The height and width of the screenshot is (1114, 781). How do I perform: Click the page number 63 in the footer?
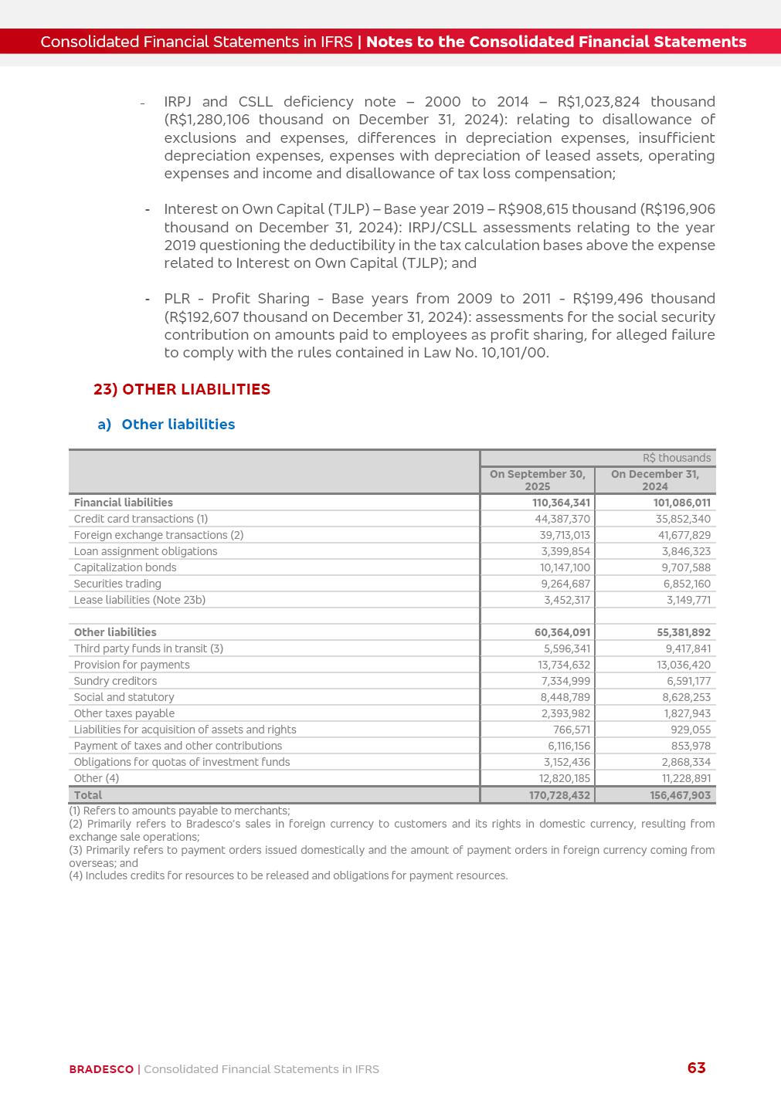696,1068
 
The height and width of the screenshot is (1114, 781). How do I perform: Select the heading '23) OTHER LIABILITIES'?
182,389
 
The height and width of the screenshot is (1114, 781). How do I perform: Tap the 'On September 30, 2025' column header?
538,480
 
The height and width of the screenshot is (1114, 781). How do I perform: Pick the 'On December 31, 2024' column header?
655,480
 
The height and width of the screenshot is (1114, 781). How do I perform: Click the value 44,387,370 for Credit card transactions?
564,519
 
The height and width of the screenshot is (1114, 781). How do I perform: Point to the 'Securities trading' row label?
117,584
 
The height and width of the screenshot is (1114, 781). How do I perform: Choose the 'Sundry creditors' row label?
115,681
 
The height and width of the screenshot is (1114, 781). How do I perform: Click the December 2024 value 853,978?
691,746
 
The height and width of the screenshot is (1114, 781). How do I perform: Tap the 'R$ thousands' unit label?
677,458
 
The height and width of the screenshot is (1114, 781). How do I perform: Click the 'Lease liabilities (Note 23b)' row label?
140,600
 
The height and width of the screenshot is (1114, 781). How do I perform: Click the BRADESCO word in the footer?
101,1069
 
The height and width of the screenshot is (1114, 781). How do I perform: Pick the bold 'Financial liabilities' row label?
124,503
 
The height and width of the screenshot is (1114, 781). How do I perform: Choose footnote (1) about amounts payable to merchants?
179,811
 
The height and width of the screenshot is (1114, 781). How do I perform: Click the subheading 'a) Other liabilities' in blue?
166,425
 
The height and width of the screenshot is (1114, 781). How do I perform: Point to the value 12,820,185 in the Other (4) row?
564,778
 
